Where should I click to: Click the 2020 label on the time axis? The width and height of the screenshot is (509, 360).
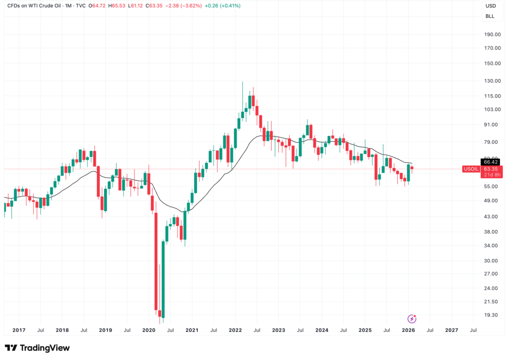[149, 330]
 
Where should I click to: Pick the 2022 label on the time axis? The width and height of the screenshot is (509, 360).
[235, 330]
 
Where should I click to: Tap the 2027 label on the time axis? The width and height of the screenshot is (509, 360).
[451, 330]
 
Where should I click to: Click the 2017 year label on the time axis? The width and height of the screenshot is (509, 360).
[19, 330]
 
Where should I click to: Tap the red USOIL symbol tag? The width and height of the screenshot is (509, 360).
[470, 169]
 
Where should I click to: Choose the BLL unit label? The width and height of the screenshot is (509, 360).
[490, 16]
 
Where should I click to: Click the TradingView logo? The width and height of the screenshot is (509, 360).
[37, 348]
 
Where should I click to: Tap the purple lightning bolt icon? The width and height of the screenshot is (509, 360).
[411, 319]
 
